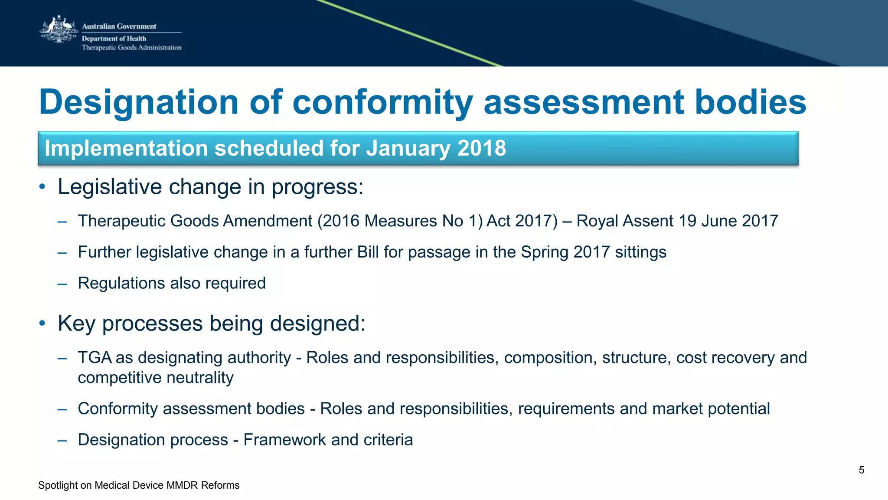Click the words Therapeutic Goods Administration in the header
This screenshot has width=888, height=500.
click(131, 48)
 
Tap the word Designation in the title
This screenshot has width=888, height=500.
click(138, 102)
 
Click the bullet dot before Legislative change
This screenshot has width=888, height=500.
click(42, 187)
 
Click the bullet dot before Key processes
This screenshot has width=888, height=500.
click(42, 324)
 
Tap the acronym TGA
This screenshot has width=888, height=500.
click(95, 358)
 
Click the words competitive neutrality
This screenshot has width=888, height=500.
click(155, 378)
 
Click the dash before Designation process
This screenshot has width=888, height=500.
click(62, 440)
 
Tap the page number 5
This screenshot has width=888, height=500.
click(861, 470)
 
